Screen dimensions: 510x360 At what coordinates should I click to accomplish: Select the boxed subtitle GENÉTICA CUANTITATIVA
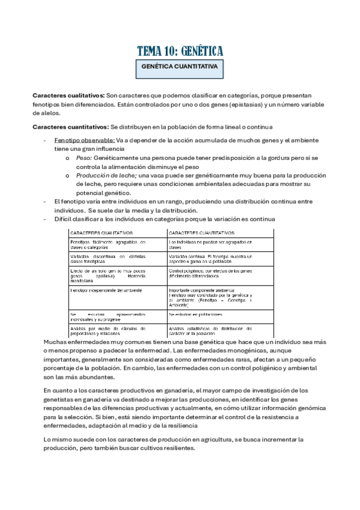pos(180,67)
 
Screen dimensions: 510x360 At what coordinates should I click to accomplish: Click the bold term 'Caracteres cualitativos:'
pos(69,96)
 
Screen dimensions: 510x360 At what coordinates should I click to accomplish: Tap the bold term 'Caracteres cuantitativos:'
pos(71,127)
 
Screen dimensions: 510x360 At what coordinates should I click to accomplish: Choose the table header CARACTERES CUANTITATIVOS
pos(203,232)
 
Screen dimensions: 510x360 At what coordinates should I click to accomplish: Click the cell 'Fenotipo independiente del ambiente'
pos(106,290)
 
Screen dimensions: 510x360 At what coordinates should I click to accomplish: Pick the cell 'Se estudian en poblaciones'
pos(196,314)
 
